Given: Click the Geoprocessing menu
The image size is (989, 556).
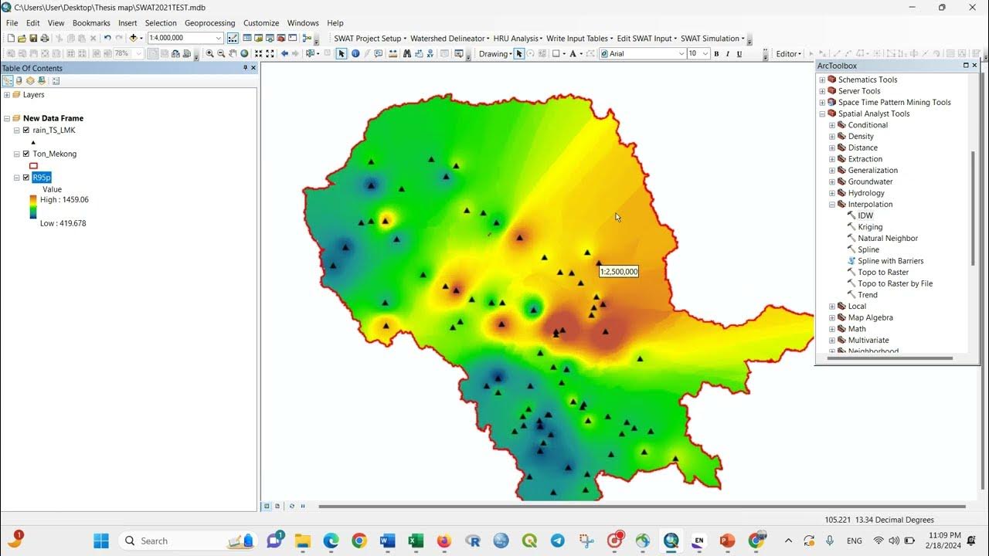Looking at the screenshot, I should [x=209, y=23].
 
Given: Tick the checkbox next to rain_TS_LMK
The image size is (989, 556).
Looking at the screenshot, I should [x=26, y=131].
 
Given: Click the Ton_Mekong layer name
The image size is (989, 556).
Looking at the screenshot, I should [x=54, y=154].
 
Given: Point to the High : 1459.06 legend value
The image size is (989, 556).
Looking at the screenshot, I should [x=64, y=200].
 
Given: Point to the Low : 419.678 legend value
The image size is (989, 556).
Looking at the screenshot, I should [x=63, y=223].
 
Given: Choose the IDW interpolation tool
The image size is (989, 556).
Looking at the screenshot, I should [x=865, y=215].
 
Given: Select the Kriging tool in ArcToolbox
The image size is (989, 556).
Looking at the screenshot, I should [x=869, y=227].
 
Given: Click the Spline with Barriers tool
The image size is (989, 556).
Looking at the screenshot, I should [x=890, y=261].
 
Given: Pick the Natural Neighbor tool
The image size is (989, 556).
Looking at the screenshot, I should [x=887, y=239].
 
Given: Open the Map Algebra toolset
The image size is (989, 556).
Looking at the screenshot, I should [x=870, y=317].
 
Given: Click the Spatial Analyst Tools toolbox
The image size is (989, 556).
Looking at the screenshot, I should [x=873, y=114].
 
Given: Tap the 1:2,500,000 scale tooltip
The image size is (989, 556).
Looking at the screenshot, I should [x=619, y=272].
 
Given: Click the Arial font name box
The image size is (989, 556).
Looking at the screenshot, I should [x=644, y=54].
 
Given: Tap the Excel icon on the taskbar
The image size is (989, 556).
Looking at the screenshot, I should [x=415, y=541].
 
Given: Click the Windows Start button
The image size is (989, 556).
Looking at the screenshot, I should [x=101, y=541].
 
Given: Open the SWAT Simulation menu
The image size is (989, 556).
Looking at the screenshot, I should [x=712, y=39].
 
